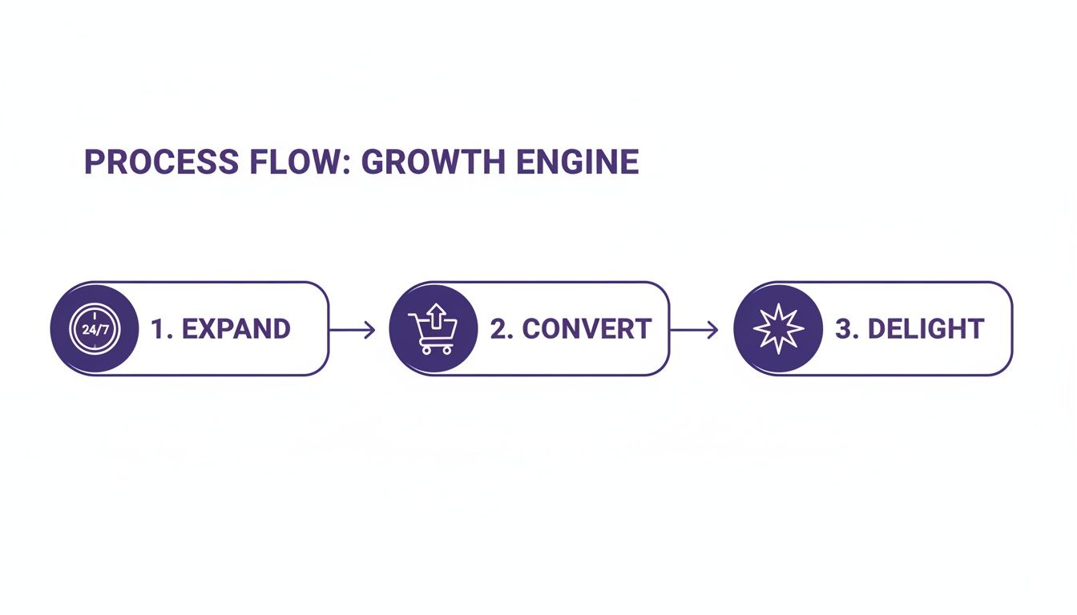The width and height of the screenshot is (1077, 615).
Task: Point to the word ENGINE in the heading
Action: [x=577, y=163]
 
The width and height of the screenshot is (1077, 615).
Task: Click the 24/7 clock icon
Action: [x=93, y=329]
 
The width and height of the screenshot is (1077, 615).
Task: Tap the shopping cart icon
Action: [x=433, y=329]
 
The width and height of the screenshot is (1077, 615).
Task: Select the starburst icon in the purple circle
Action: [x=778, y=329]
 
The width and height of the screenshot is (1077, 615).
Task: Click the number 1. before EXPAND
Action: [x=161, y=329]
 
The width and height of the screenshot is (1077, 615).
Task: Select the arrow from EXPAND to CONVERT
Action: [x=352, y=329]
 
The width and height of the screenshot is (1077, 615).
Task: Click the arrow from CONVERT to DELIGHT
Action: [x=694, y=329]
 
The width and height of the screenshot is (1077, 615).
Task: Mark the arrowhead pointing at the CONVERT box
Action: [x=370, y=329]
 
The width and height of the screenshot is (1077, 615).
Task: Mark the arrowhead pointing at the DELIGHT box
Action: [x=713, y=329]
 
